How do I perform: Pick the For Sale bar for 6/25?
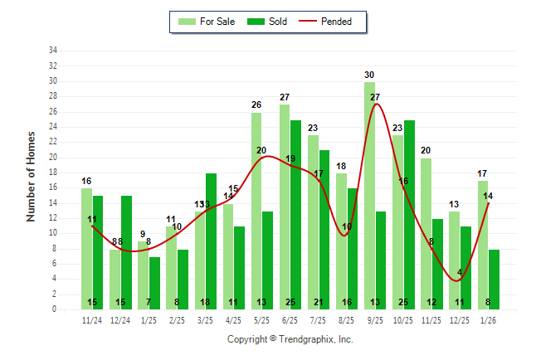pos(285,207)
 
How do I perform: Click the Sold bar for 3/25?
pos(211,241)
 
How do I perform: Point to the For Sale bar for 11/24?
pos(86,248)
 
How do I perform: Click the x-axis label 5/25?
pos(262,319)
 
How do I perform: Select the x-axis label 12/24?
pos(120,319)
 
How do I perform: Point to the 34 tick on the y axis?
pos(52,51)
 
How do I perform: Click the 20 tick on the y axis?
pos(52,157)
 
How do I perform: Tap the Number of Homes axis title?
pos(32,176)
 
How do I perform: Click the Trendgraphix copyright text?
pos(290,339)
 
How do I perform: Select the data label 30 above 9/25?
pos(369,75)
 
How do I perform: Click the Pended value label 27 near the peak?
pos(375,97)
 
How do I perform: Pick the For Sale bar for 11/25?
pos(426,233)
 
